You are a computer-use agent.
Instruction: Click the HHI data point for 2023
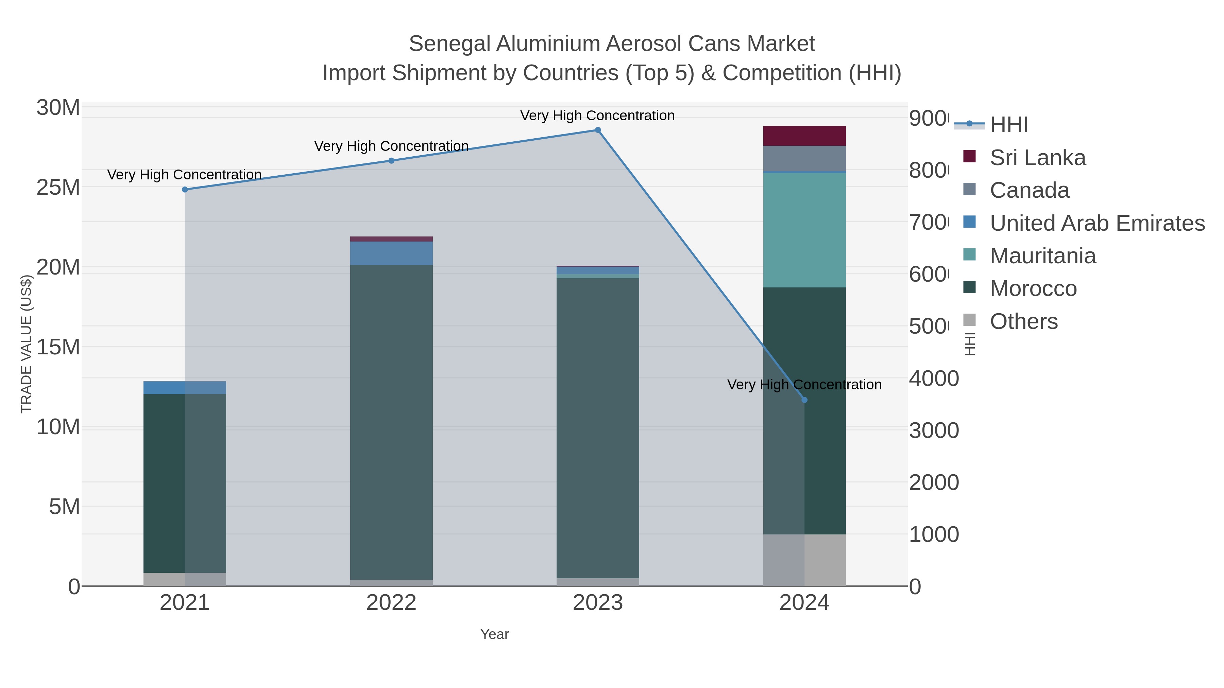point(598,130)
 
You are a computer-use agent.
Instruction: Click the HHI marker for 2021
point(185,190)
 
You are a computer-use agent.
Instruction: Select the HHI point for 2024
point(804,400)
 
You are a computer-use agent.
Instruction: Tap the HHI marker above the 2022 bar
point(392,160)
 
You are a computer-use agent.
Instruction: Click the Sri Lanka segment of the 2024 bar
point(804,136)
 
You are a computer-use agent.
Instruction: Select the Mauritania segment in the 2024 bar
point(804,230)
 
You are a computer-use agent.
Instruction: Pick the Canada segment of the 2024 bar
point(804,159)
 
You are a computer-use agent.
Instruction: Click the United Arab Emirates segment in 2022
point(392,253)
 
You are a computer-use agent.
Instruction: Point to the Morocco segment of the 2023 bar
point(598,427)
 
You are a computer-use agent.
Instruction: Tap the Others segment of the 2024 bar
point(804,560)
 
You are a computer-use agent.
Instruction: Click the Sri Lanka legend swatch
point(969,157)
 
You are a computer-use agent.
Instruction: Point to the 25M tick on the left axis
point(58,188)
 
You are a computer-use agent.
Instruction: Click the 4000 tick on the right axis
point(934,379)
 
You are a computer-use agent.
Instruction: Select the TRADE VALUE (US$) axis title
point(26,344)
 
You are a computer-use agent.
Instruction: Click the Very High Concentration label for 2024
point(804,385)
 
